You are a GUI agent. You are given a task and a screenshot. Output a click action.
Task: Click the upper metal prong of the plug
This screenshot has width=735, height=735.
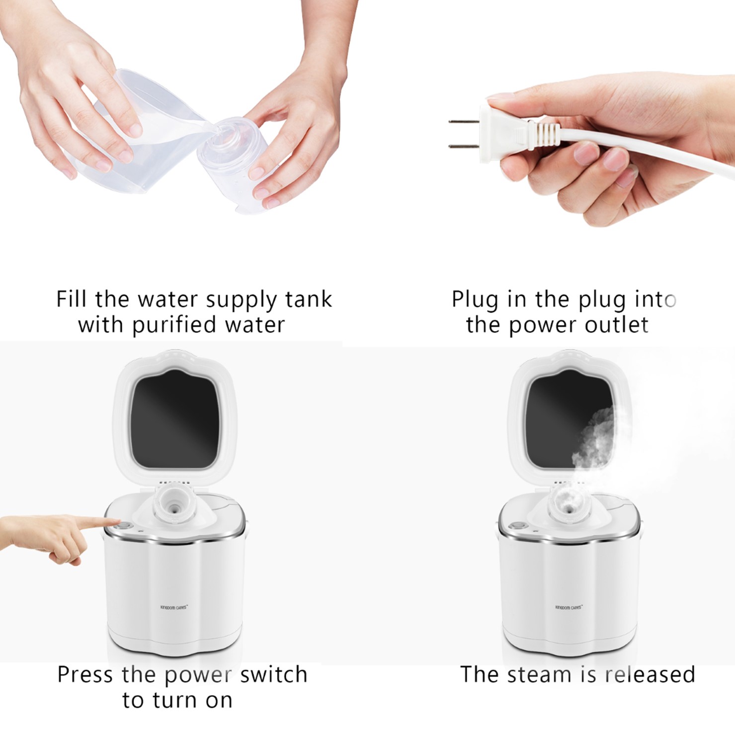[462, 121]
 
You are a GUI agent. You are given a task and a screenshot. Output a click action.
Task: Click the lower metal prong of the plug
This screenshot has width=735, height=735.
[462, 146]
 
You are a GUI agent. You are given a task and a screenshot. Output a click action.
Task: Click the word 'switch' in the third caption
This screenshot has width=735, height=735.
[273, 675]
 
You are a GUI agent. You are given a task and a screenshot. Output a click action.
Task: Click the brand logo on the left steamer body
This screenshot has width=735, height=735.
[174, 607]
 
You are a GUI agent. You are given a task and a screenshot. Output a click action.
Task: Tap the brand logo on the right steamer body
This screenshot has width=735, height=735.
[569, 607]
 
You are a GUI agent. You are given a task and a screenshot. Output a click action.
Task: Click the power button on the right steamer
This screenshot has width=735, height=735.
[518, 525]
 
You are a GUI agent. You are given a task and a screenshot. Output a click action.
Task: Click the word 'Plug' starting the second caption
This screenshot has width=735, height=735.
[475, 300]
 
